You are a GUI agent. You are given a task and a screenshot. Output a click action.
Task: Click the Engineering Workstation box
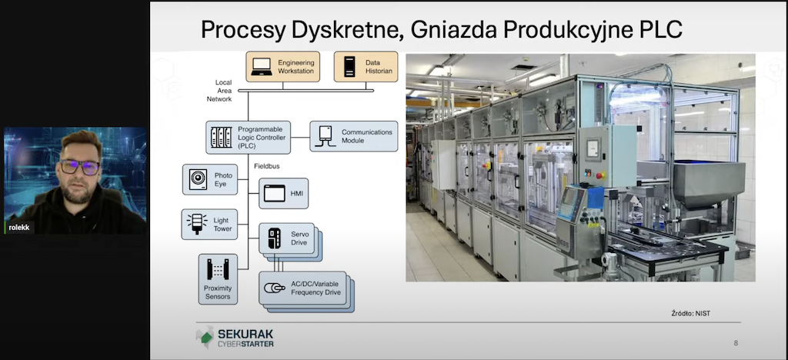282,66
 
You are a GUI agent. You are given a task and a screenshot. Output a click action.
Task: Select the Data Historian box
366,66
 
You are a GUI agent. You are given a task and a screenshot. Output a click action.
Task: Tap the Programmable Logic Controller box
249,137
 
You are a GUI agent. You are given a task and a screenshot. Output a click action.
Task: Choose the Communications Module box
354,136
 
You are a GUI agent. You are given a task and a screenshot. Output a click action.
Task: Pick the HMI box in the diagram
283,193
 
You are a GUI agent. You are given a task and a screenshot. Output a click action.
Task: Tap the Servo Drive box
286,238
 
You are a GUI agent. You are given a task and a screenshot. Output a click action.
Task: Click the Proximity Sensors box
218,278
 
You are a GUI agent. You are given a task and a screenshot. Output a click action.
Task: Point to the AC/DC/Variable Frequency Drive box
302,288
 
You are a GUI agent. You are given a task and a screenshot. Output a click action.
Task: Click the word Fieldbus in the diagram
267,165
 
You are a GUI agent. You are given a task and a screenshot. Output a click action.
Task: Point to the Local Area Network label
220,91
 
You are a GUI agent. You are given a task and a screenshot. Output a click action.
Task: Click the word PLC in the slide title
661,30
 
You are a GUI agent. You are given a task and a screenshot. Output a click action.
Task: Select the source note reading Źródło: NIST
690,313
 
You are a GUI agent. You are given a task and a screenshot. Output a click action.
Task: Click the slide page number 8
736,343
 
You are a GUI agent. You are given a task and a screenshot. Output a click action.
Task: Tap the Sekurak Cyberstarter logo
235,338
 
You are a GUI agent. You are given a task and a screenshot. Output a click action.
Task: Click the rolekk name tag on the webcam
19,228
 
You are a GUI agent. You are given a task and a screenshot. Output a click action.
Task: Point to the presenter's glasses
80,167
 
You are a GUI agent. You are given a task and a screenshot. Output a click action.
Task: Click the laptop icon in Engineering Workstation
262,67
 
